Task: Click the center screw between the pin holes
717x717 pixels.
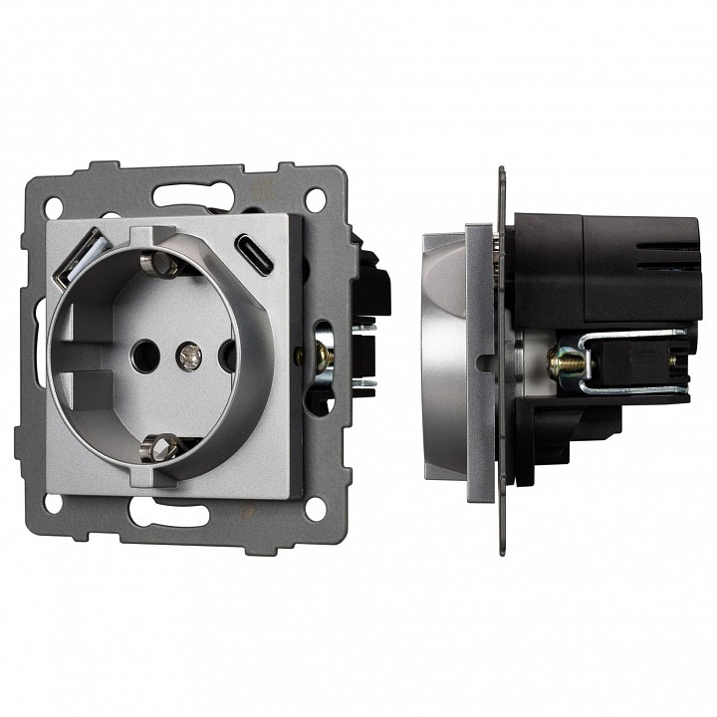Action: pos(185,354)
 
